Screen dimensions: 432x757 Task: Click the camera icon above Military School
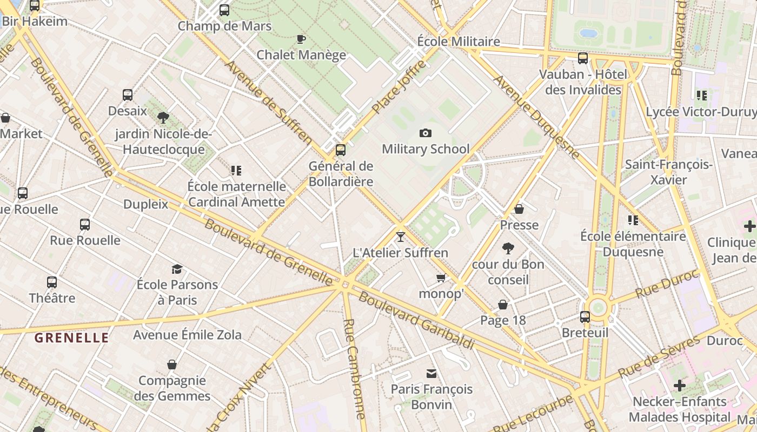(426, 133)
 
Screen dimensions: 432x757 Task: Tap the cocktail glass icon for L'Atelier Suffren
(400, 237)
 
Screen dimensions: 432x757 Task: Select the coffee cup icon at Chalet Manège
(301, 39)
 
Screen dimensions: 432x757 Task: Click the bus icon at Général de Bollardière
(341, 150)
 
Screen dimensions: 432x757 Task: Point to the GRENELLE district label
(72, 338)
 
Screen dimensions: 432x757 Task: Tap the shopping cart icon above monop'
(441, 278)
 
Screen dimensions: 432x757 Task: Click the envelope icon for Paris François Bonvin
(431, 373)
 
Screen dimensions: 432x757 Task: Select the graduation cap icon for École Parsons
(177, 269)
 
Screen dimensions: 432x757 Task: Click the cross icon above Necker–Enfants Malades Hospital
(679, 386)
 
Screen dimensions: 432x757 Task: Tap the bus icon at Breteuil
(585, 317)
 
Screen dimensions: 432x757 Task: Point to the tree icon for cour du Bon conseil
(508, 248)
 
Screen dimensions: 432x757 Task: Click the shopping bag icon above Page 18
(503, 305)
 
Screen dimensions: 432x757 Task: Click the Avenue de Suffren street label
(269, 103)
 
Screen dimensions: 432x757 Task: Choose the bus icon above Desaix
(128, 95)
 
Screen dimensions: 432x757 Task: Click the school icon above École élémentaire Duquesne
(633, 220)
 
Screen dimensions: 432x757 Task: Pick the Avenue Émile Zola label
(187, 335)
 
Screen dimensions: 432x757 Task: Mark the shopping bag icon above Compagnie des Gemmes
(172, 364)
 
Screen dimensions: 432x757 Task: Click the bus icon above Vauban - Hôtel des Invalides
(583, 58)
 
